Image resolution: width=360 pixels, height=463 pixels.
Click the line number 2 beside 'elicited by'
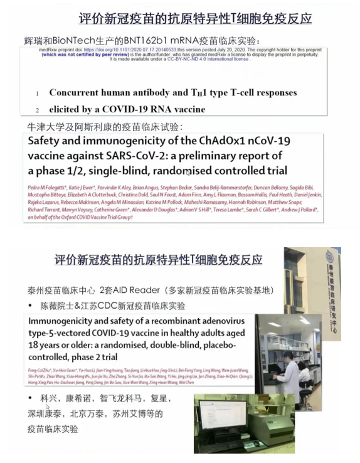[x=37, y=109]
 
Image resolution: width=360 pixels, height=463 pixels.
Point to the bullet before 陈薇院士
[x=31, y=306]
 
